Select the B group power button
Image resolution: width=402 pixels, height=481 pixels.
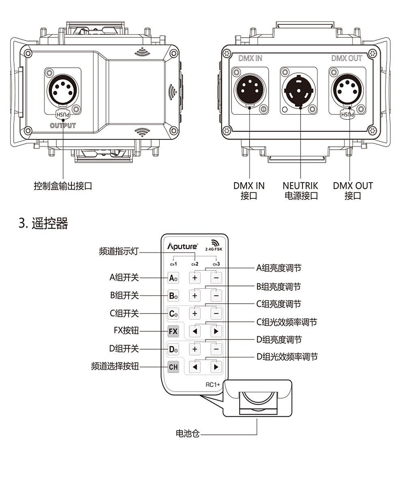173,296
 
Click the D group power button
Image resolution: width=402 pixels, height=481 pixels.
173,349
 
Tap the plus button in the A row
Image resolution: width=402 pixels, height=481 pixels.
195,278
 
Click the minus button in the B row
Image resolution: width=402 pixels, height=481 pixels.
216,296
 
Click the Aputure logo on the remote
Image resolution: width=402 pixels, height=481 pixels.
183,246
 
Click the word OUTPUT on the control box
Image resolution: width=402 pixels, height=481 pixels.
63,125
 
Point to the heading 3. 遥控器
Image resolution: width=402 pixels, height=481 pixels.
43,223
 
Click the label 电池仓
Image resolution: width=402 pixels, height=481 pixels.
187,434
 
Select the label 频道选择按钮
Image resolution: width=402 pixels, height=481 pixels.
115,367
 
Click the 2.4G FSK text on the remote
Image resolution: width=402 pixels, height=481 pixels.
214,249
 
